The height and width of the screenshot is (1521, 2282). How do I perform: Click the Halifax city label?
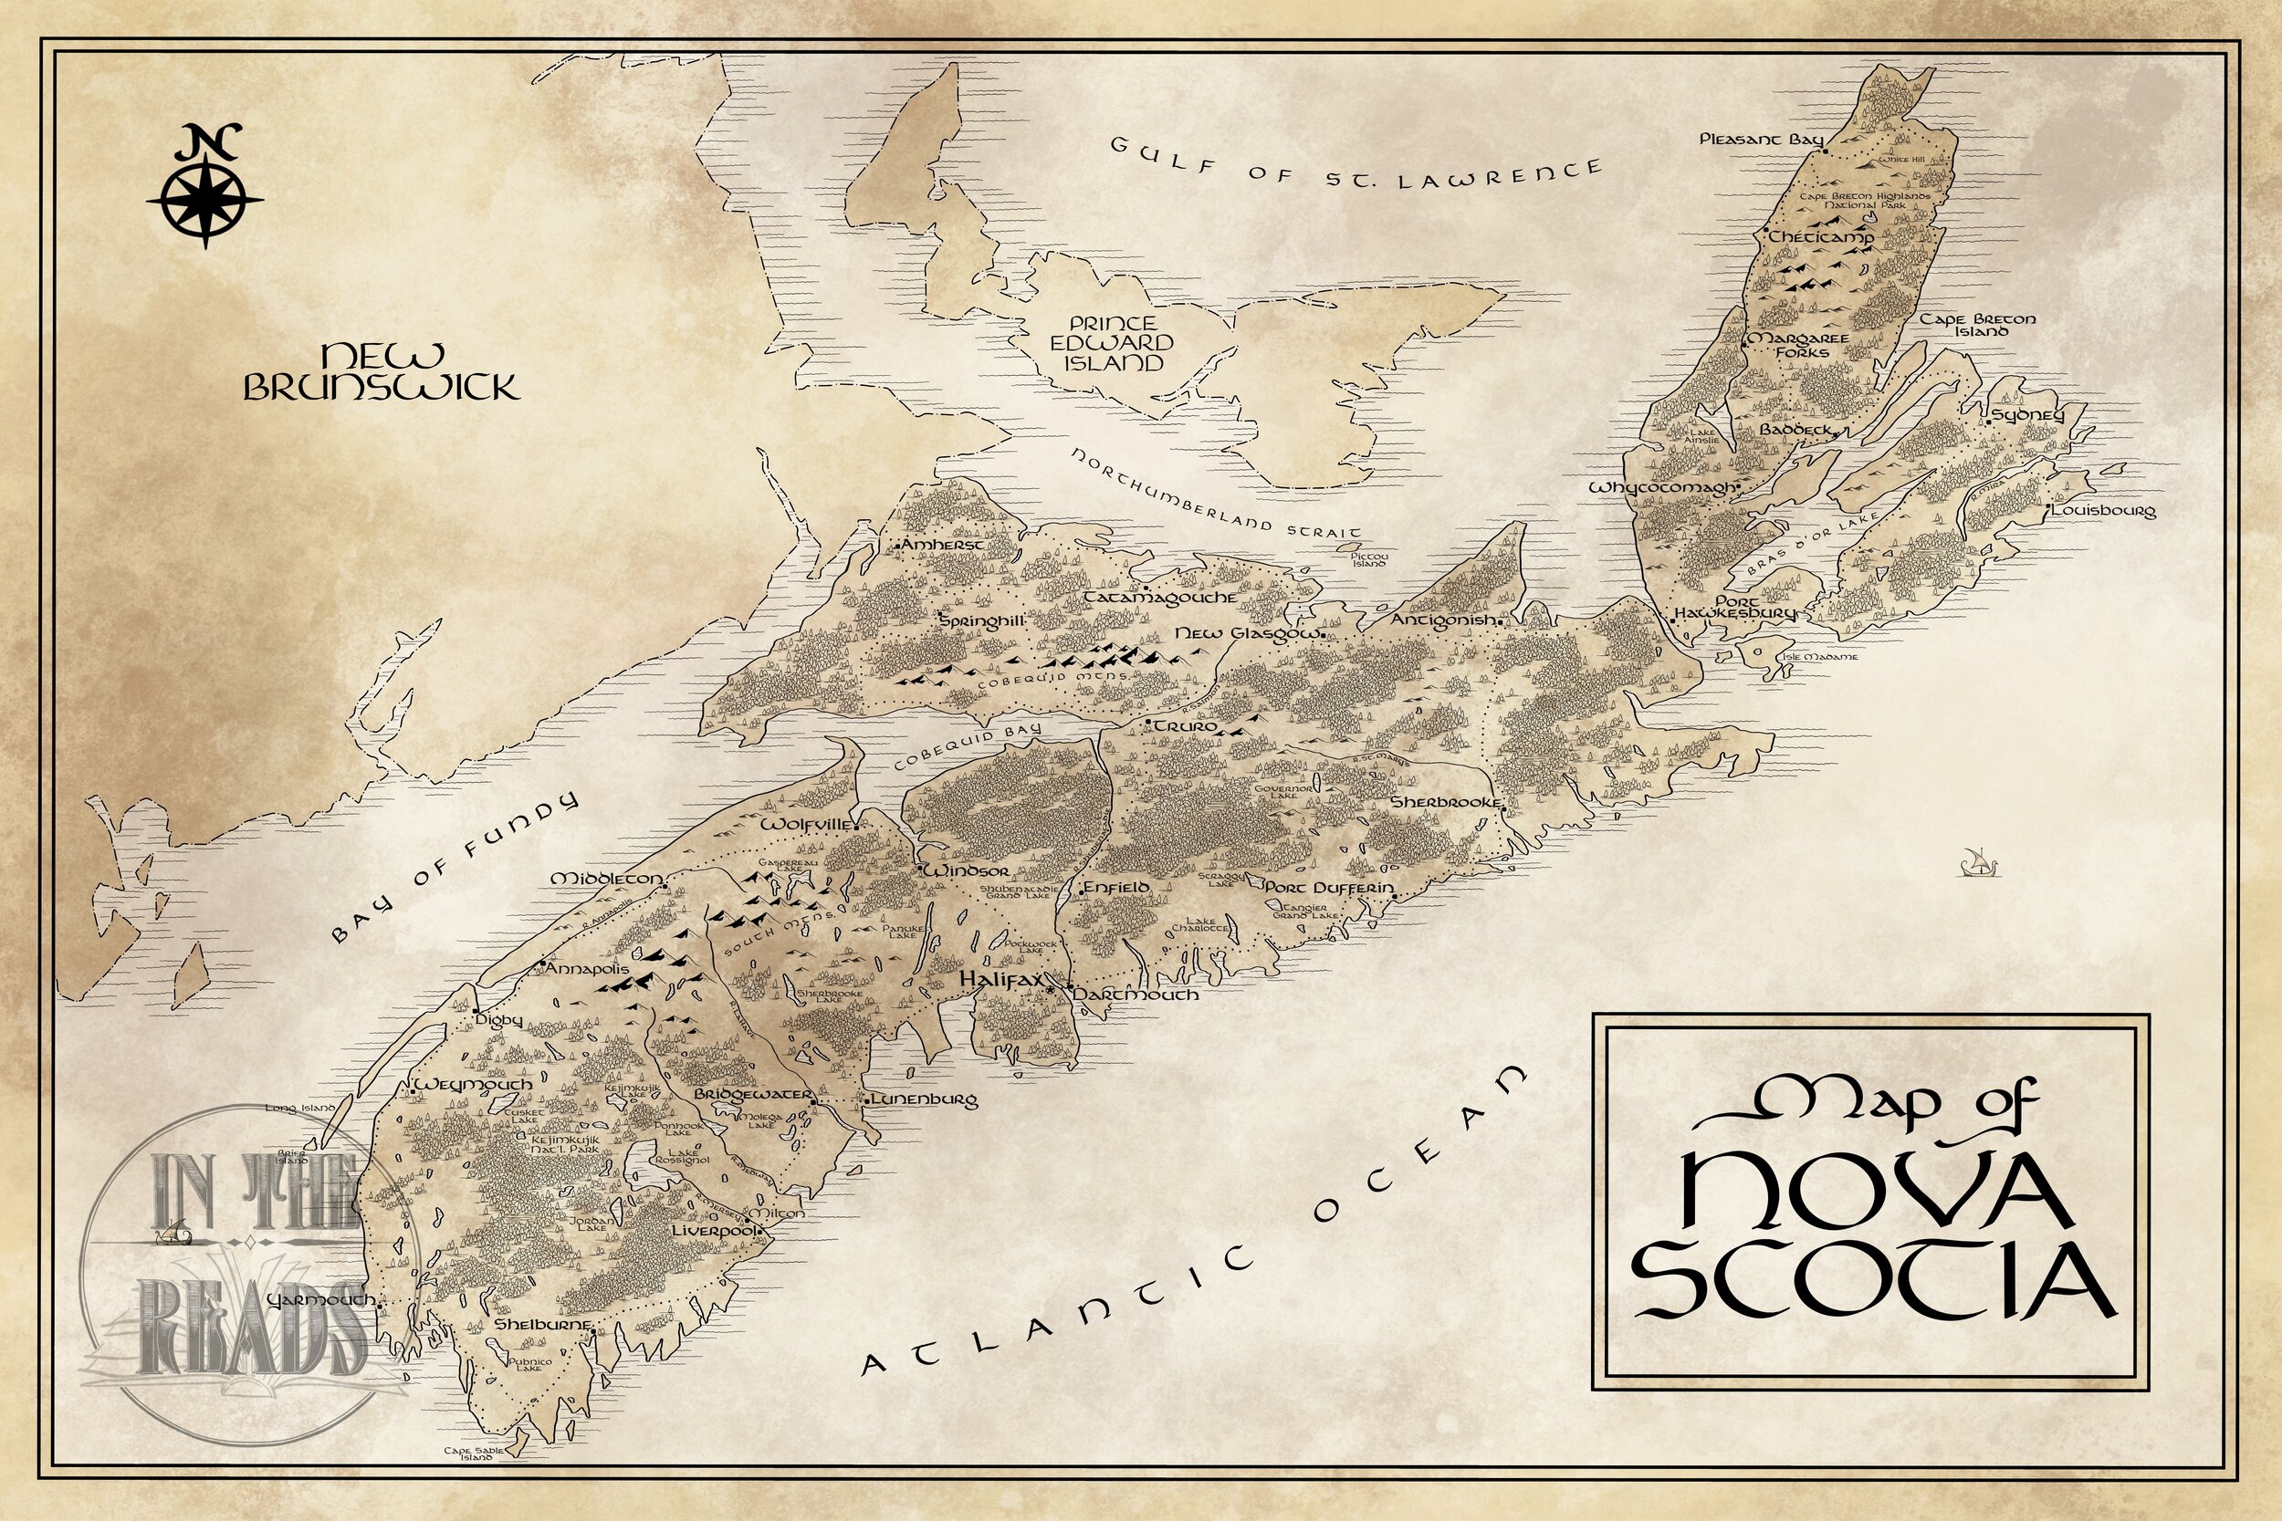click(1000, 982)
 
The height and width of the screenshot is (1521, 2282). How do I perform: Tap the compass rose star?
click(204, 199)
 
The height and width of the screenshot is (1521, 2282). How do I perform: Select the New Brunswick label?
click(381, 371)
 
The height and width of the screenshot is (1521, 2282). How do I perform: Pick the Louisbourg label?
click(2102, 510)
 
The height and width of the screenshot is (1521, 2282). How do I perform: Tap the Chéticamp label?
click(1821, 237)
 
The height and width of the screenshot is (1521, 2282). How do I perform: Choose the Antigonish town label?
click(1444, 620)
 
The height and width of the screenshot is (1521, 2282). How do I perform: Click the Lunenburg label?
click(923, 1100)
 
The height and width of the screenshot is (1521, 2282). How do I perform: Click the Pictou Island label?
click(1370, 558)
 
